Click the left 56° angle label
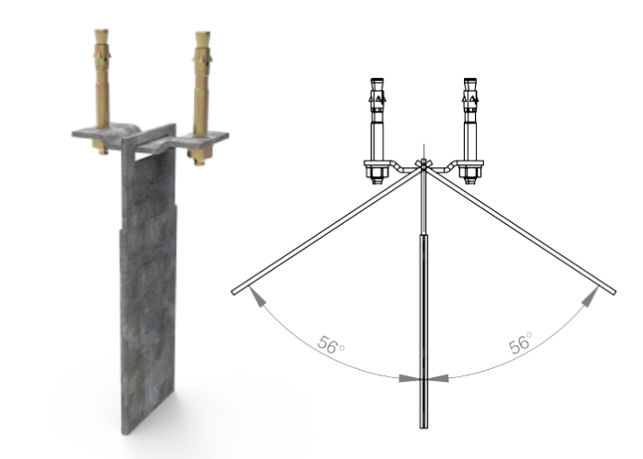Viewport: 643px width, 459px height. coord(330,346)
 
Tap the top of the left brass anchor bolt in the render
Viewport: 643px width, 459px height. coord(100,39)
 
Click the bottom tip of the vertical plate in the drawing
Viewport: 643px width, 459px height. coord(423,426)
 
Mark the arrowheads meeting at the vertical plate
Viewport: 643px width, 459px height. coord(423,377)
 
